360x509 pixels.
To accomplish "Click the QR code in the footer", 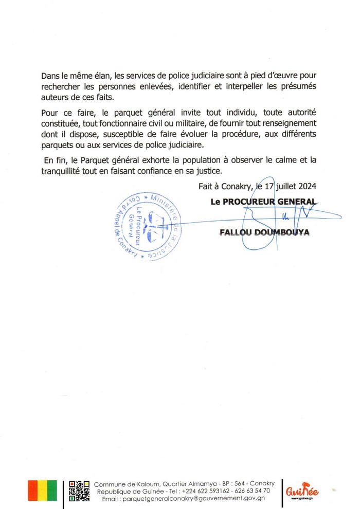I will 79,490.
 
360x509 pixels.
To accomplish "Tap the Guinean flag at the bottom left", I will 43,490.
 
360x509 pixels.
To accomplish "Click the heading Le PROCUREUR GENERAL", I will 263,202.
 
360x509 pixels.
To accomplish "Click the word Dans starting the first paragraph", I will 50,76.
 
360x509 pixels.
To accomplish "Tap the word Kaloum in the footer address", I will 145,484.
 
